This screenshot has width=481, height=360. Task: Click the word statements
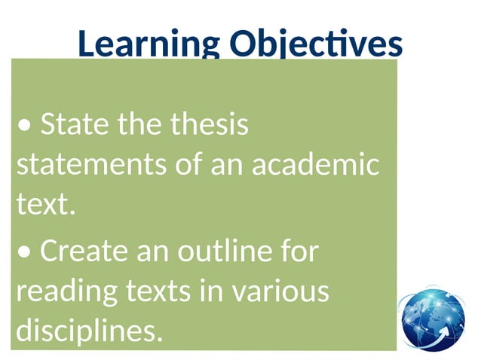point(86,164)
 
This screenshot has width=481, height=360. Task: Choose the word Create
point(83,252)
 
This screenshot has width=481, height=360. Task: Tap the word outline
point(219,252)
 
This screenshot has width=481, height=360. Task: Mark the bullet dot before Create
point(25,254)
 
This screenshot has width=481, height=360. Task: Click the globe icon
point(432,319)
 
